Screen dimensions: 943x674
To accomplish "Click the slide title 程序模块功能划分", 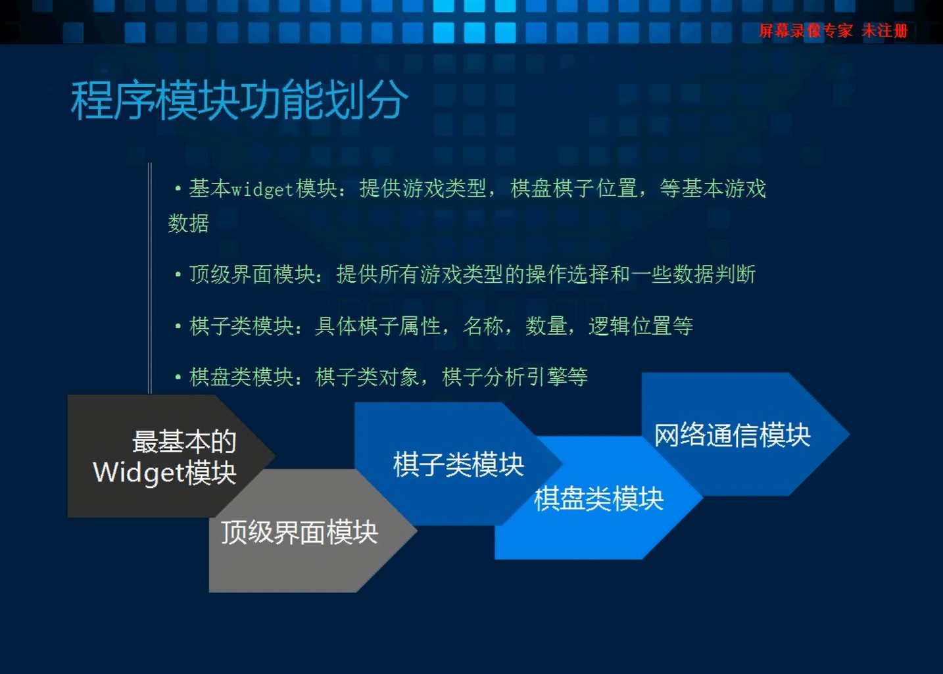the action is click(239, 101).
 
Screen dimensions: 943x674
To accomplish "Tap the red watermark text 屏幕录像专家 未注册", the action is click(834, 31).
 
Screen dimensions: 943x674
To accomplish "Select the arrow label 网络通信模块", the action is click(733, 435).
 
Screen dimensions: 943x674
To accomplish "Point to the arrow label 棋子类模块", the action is click(458, 465).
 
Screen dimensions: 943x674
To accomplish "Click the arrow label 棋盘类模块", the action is click(598, 498).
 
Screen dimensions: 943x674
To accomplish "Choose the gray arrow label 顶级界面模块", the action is click(299, 532).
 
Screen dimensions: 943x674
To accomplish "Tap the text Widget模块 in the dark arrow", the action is click(164, 473).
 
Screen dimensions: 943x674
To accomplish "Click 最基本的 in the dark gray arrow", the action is click(184, 441).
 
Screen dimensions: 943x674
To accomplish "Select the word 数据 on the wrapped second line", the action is click(188, 223).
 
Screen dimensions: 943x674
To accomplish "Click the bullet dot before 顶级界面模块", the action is click(178, 275).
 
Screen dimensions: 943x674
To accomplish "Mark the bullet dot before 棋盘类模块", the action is click(178, 377).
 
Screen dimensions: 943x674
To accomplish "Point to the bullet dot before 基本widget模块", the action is click(178, 189).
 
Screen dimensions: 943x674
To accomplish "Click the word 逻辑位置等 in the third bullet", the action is click(641, 326).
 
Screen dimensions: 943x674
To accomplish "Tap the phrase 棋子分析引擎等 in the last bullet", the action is click(515, 377).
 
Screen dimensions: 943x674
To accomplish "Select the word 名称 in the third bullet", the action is click(484, 326).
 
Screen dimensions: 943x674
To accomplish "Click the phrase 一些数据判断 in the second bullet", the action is click(693, 274).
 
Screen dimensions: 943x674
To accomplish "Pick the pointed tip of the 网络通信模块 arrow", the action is click(850, 434).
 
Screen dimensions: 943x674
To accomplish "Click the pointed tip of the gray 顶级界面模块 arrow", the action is click(417, 531).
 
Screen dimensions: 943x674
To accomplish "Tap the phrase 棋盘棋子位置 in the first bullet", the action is click(574, 188).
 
